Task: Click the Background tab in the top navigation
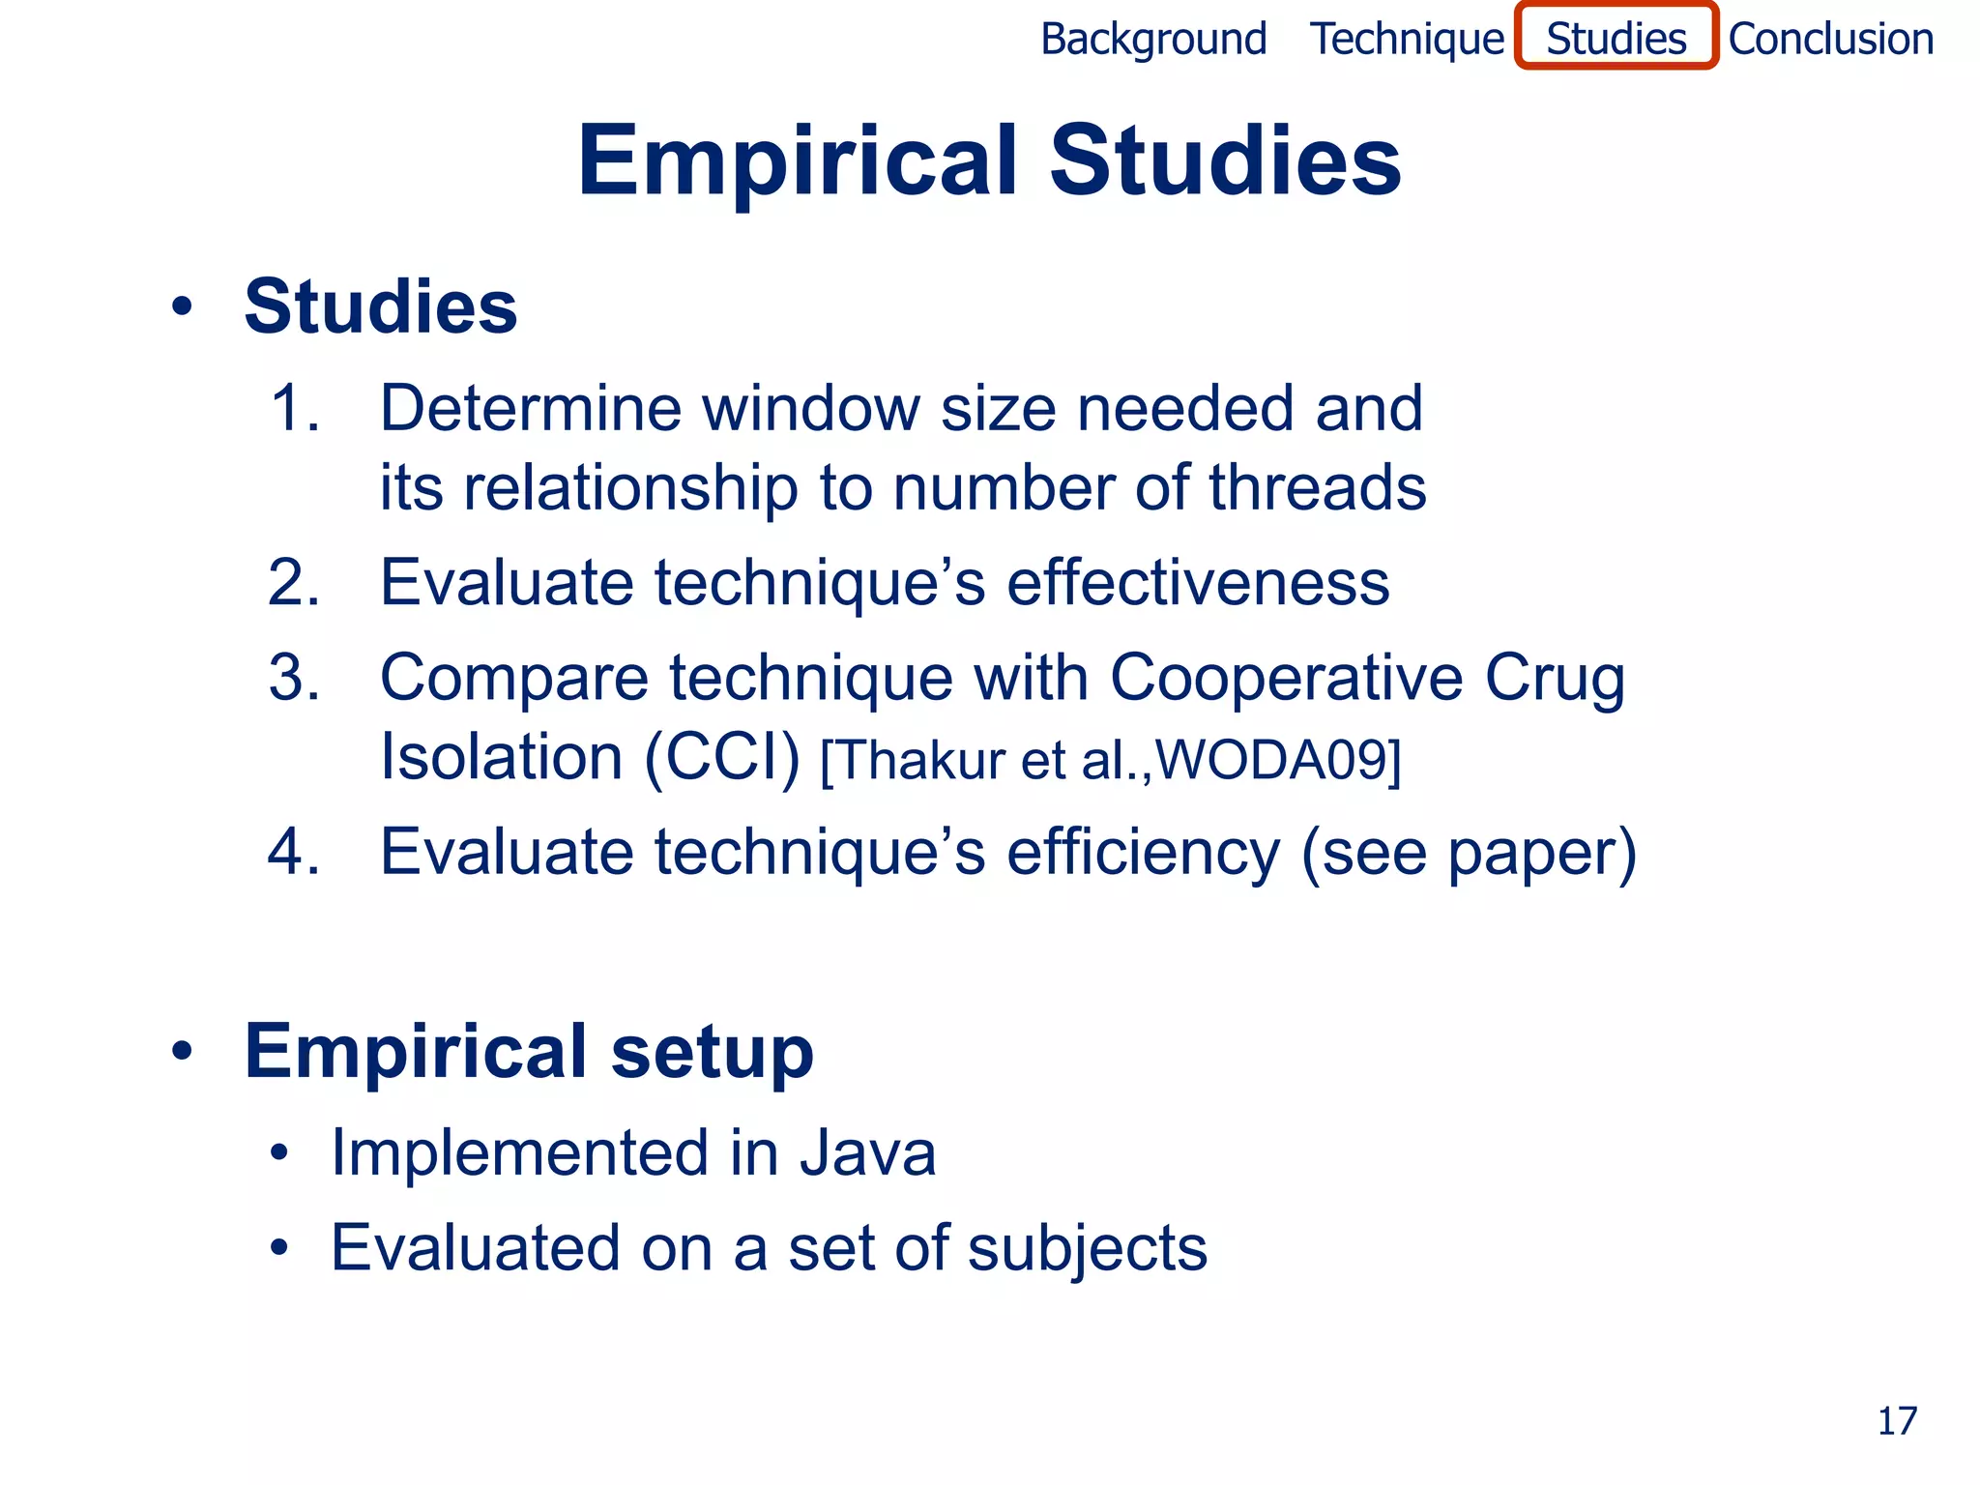[x=1152, y=40]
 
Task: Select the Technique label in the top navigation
[x=1407, y=40]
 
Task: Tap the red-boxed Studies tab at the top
[x=1616, y=38]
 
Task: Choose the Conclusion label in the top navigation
[x=1831, y=40]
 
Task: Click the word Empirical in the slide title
[x=798, y=161]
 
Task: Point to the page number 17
[x=1897, y=1421]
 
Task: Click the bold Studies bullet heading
[x=380, y=306]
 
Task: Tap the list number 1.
[x=293, y=408]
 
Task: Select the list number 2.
[x=293, y=583]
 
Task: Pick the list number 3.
[x=293, y=677]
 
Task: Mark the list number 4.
[x=293, y=852]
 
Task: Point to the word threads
[x=1317, y=487]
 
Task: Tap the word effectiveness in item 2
[x=1198, y=583]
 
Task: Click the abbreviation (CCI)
[x=721, y=757]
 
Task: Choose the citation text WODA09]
[x=1278, y=760]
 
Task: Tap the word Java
[x=867, y=1153]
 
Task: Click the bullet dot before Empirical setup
[x=182, y=1051]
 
